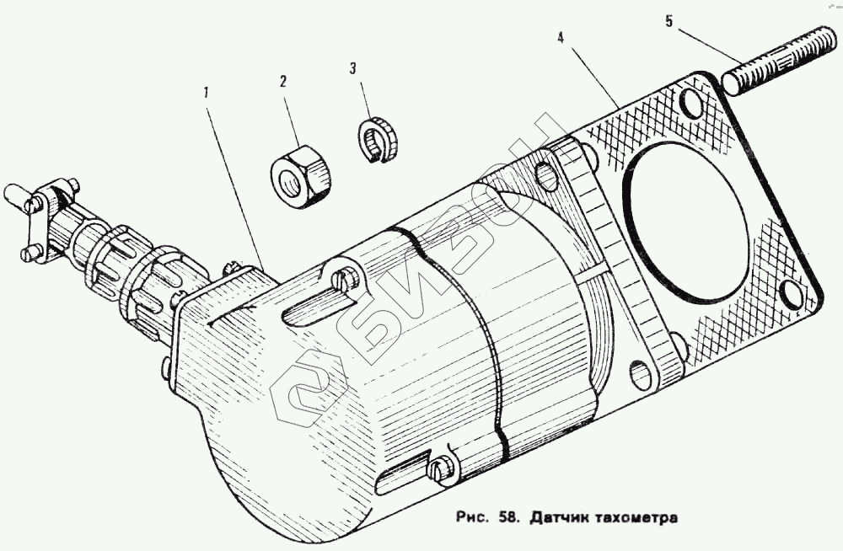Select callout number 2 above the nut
(x=283, y=82)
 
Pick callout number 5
(x=669, y=21)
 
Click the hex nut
(x=301, y=174)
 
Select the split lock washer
(x=374, y=139)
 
